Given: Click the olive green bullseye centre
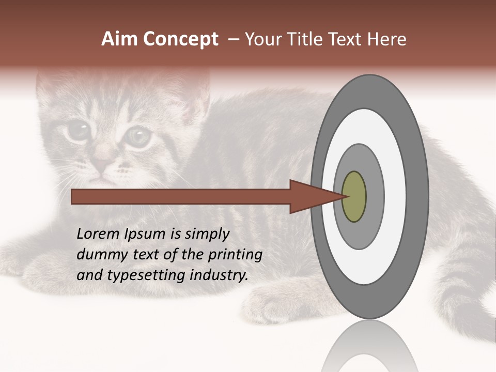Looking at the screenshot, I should pos(354,196).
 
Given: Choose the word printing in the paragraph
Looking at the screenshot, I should pos(235,255).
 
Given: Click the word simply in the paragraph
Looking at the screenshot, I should pos(207,235).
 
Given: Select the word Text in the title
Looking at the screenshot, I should pos(344,39).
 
